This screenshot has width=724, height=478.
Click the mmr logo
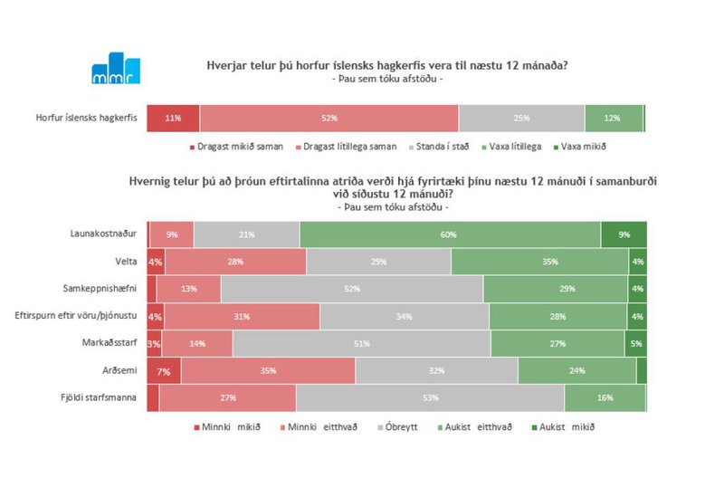click(115, 69)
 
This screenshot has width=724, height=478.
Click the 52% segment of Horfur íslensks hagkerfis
click(329, 119)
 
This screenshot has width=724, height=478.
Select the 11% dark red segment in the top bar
click(173, 119)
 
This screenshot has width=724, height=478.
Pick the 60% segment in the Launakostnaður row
click(450, 234)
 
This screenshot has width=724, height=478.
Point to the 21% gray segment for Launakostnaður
click(246, 234)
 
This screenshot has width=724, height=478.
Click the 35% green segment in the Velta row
click(539, 261)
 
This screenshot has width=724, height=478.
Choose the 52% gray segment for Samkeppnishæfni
click(352, 289)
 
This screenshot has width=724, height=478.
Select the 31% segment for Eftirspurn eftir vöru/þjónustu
click(242, 316)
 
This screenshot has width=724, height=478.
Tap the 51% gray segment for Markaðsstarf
click(362, 344)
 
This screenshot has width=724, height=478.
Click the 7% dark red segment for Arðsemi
click(164, 371)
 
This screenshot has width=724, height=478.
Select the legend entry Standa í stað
click(441, 147)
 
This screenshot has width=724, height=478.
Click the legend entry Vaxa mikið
click(581, 147)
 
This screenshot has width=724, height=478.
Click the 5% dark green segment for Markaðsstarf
click(635, 344)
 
